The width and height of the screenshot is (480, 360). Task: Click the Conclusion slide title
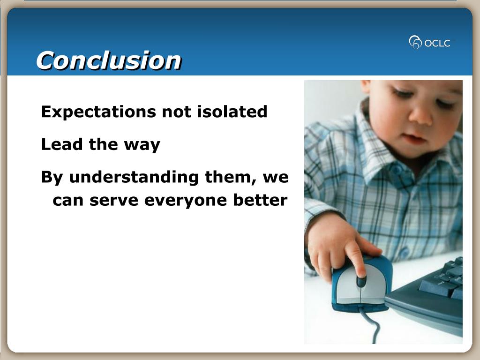click(x=109, y=60)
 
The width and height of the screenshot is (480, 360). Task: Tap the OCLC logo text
click(x=437, y=43)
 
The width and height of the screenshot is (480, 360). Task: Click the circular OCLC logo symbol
click(x=415, y=42)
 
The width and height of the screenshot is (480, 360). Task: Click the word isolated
click(x=232, y=111)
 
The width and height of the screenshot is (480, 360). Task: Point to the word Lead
click(x=62, y=144)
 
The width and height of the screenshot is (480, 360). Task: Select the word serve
click(x=113, y=201)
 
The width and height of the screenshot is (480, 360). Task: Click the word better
click(x=260, y=200)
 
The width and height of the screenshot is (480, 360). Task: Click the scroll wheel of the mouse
click(x=361, y=281)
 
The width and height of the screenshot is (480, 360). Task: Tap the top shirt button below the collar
click(x=397, y=169)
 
